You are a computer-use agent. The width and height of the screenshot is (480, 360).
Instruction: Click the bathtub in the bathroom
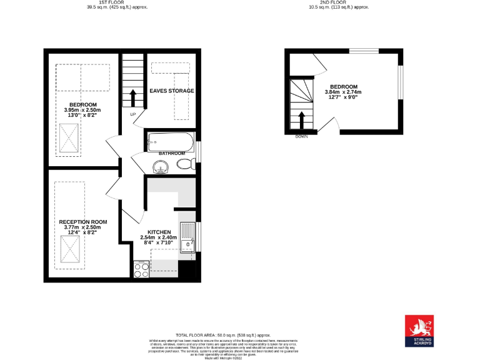pyautogui.click(x=171, y=142)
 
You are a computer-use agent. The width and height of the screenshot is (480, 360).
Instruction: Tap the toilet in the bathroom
pyautogui.click(x=184, y=164)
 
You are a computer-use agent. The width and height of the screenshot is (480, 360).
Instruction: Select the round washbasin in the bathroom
pyautogui.click(x=161, y=166)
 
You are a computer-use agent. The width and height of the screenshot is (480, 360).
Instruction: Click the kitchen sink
pyautogui.click(x=187, y=237)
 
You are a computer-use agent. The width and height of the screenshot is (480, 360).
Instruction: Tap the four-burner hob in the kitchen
pyautogui.click(x=141, y=269)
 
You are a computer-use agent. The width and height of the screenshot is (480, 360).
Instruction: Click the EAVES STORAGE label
pyautogui.click(x=171, y=91)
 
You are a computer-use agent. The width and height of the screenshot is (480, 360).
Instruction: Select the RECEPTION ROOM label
pyautogui.click(x=83, y=222)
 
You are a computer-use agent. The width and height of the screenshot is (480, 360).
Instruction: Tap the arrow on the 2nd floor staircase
pyautogui.click(x=302, y=119)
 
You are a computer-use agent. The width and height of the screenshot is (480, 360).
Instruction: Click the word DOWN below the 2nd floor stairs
pyautogui.click(x=301, y=136)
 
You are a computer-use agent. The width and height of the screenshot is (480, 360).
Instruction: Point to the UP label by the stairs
pyautogui.click(x=132, y=115)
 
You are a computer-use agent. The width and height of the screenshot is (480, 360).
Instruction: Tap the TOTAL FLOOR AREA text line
pyautogui.click(x=222, y=335)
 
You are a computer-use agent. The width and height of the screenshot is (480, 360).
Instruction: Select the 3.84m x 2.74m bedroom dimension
pyautogui.click(x=343, y=92)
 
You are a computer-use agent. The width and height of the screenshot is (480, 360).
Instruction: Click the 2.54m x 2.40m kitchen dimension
pyautogui.click(x=159, y=237)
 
